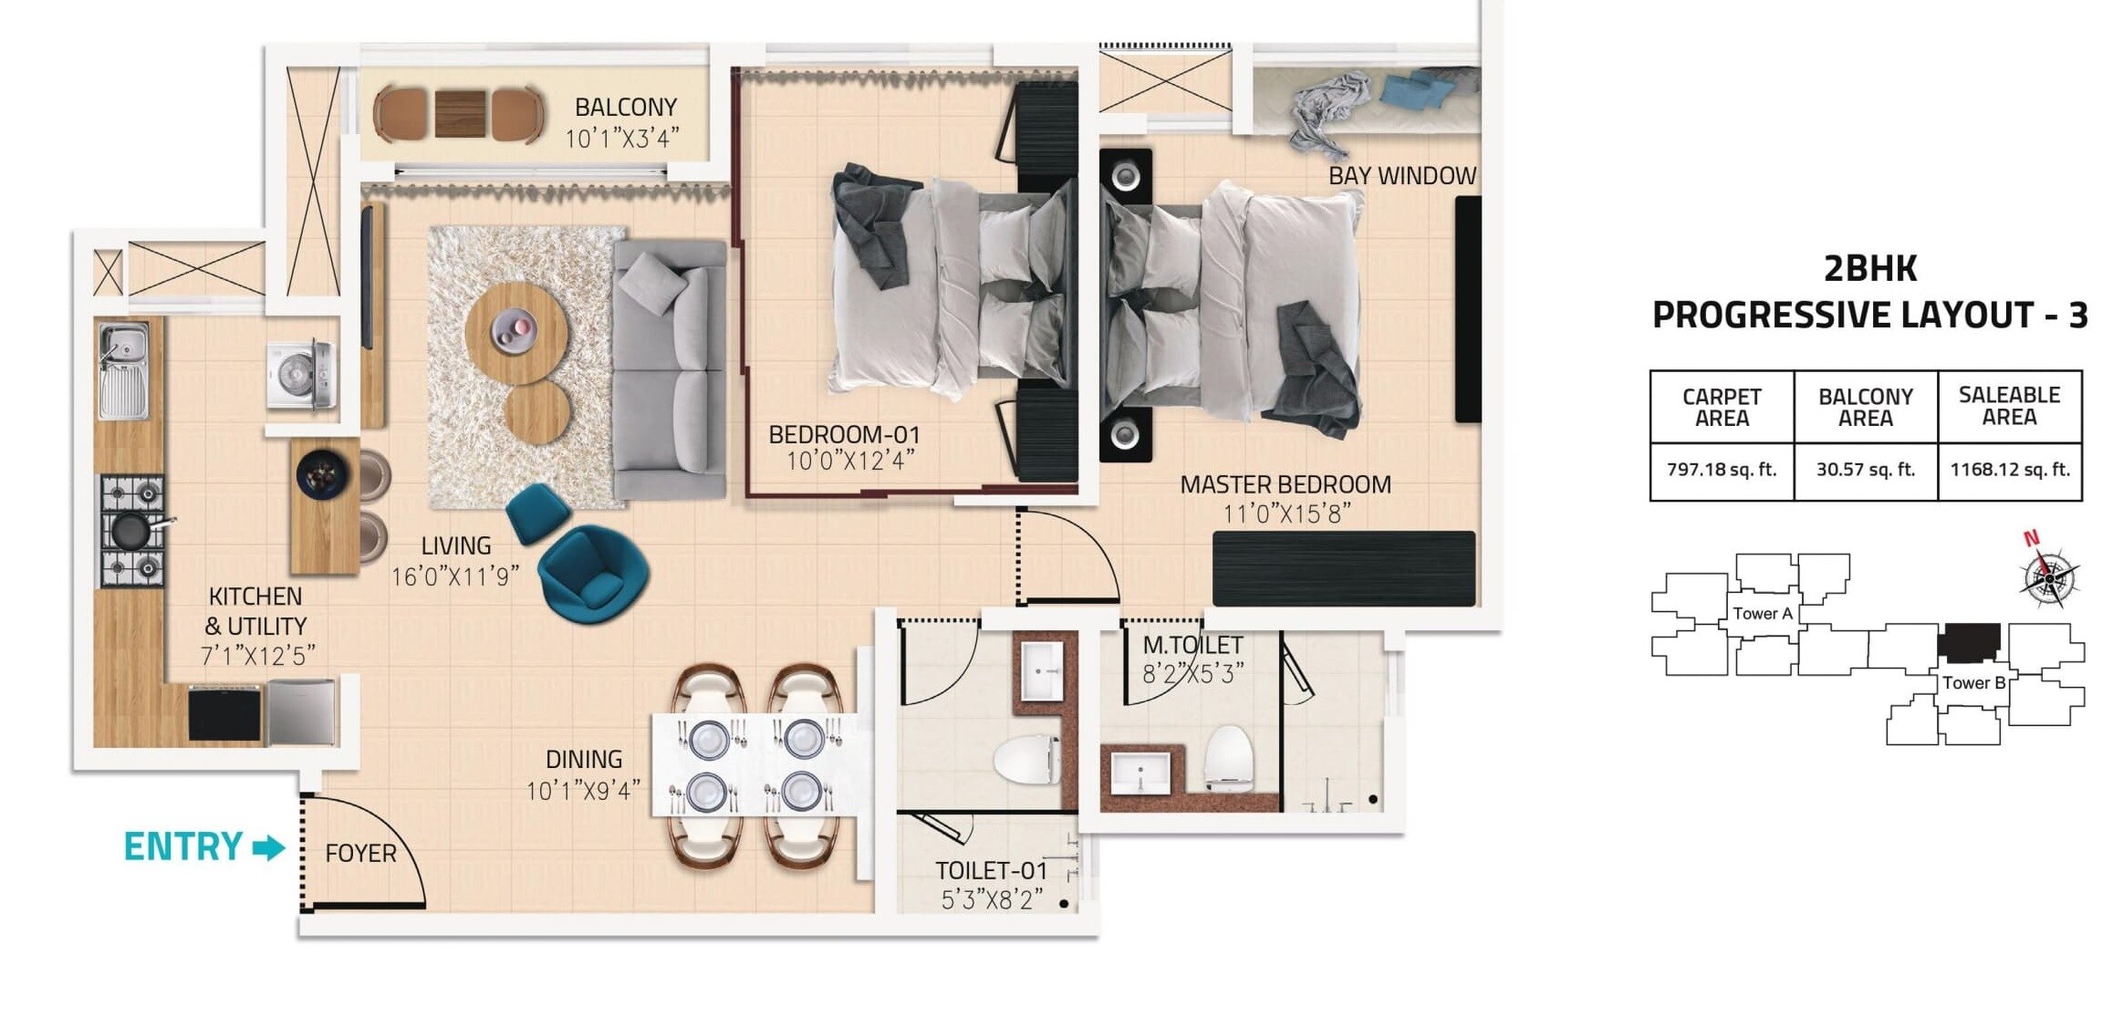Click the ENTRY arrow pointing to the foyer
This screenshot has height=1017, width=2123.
click(268, 848)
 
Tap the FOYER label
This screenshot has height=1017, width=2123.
click(360, 854)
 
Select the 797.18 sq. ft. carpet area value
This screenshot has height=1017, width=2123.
click(1721, 470)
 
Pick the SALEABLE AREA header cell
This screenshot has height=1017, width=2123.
click(2009, 406)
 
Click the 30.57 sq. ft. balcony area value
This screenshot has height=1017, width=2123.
click(1865, 470)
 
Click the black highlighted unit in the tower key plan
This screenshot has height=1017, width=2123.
click(1968, 642)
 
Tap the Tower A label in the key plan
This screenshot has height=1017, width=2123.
click(1762, 614)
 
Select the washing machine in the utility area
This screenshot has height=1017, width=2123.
click(301, 375)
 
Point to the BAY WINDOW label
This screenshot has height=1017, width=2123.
click(1401, 176)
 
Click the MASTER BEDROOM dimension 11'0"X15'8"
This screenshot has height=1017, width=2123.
click(1285, 514)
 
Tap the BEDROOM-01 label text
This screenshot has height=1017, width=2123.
click(844, 434)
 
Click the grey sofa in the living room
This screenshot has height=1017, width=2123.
click(671, 369)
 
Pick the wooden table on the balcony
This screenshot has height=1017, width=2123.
click(460, 114)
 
